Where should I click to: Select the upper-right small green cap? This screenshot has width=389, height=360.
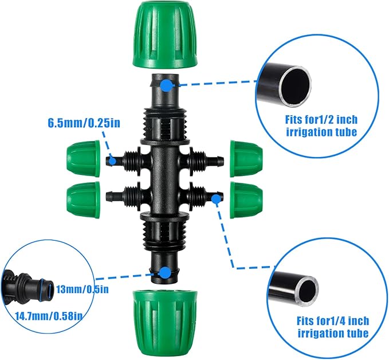246,158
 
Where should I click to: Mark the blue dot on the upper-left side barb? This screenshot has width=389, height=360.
113,161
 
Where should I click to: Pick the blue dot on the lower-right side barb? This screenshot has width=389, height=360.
216,199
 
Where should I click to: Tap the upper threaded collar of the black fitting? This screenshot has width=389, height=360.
164,123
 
